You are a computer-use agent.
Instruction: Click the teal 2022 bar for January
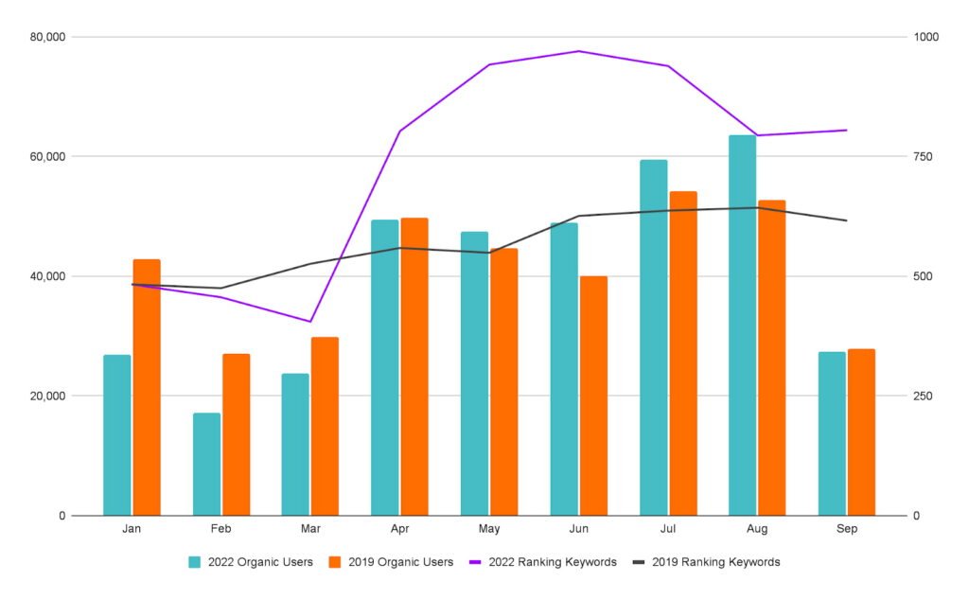[117, 435]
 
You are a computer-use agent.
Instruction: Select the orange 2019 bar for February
[236, 434]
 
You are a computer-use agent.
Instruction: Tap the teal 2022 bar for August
[742, 326]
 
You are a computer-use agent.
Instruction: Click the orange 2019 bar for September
[861, 432]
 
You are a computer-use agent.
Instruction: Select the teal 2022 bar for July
[653, 338]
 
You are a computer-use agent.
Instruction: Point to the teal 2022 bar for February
[206, 464]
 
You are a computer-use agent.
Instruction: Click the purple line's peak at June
[579, 51]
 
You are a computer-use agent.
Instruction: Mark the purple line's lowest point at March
[310, 322]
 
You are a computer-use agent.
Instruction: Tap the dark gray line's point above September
[846, 220]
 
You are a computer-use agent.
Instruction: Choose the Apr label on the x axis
[399, 529]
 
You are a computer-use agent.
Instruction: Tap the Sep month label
[846, 529]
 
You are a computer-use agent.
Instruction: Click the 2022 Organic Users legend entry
[251, 562]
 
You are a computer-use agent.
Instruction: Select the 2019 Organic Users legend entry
[391, 562]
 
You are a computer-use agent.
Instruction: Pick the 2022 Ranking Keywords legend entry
[542, 562]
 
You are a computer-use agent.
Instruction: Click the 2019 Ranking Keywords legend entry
[706, 562]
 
